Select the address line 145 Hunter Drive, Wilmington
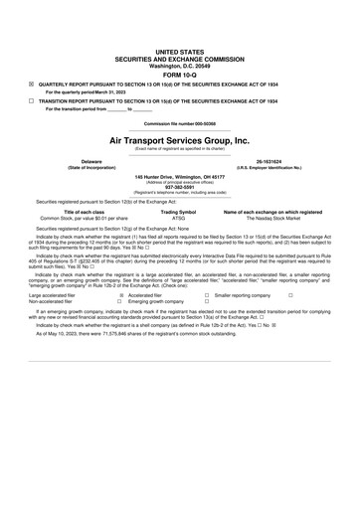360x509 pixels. click(x=180, y=173)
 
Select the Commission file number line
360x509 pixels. click(x=180, y=123)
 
